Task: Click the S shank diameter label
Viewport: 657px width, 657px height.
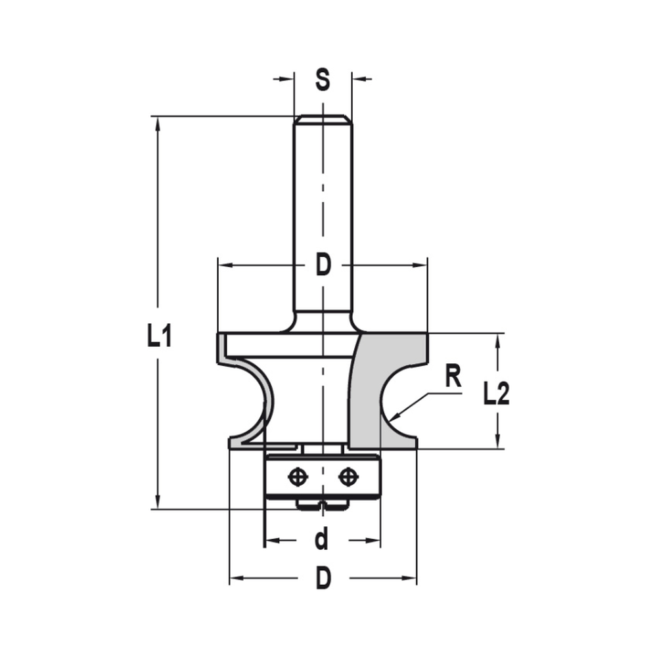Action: (322, 79)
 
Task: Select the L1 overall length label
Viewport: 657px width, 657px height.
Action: (159, 337)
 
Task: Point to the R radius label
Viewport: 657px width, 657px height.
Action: (452, 378)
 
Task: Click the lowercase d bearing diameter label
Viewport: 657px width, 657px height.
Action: (321, 541)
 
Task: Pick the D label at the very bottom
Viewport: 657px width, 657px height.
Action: (323, 579)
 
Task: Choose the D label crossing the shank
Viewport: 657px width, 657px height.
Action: (322, 265)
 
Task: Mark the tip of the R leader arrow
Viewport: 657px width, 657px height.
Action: (392, 419)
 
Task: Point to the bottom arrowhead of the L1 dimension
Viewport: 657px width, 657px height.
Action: (158, 501)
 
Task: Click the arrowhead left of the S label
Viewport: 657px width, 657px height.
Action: (286, 79)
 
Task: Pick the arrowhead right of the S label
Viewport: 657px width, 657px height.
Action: (358, 79)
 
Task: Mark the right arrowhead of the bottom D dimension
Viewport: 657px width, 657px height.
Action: (411, 579)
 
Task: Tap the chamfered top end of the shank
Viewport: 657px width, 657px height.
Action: (322, 119)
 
